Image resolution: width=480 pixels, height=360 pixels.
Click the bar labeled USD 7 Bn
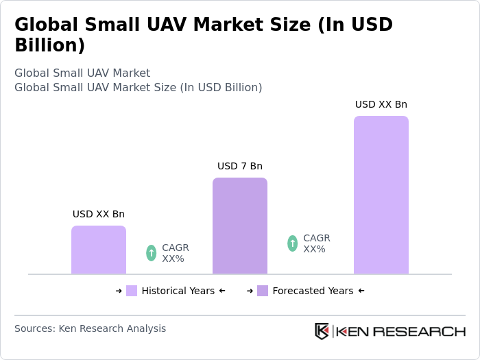[240, 226]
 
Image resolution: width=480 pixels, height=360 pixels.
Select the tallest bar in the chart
[381, 195]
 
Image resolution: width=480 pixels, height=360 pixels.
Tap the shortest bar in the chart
[99, 250]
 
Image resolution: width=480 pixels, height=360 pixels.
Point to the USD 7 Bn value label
[240, 166]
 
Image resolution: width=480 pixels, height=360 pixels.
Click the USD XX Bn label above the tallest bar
[381, 104]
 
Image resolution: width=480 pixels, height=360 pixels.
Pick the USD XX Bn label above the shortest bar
[99, 214]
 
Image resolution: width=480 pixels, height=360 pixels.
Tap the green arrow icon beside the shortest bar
[151, 253]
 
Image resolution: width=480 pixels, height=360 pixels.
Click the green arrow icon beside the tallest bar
[292, 243]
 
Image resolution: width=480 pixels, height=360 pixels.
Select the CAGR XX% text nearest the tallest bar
[316, 243]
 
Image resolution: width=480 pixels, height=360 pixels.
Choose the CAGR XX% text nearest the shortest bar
[175, 253]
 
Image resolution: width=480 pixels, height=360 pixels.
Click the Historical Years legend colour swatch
[132, 291]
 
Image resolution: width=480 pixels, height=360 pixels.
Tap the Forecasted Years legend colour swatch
[263, 291]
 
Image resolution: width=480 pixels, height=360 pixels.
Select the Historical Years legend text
[178, 291]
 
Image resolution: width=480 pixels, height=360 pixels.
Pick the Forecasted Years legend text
[313, 291]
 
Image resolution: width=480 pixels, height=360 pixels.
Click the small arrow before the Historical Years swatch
[119, 291]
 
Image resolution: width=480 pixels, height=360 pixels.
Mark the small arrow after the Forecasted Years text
[361, 291]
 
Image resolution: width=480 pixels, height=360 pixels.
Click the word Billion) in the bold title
[50, 46]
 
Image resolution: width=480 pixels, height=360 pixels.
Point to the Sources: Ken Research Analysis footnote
[90, 328]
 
